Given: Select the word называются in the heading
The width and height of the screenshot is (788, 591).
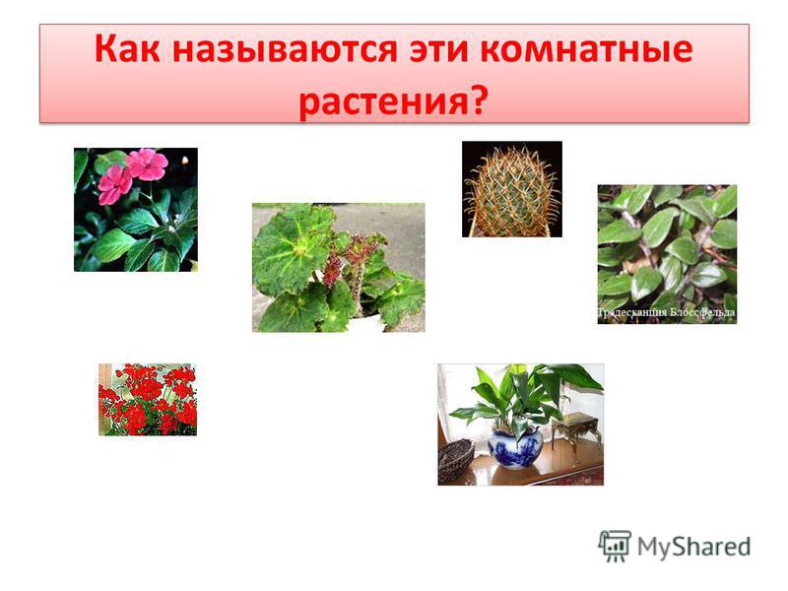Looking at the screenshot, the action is (x=285, y=50).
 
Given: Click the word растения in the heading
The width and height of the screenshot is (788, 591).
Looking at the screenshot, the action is (x=383, y=101).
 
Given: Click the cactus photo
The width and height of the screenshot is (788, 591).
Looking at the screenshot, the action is (x=511, y=189).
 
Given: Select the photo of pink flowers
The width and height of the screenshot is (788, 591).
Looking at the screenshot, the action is (x=136, y=210).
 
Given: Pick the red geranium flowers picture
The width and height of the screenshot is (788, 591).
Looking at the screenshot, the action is (x=148, y=400).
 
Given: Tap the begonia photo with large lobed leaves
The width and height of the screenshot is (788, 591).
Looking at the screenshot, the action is (x=338, y=267).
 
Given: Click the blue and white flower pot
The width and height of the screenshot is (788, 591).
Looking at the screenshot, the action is (x=515, y=447).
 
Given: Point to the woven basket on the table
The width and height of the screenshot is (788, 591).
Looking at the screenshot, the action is (x=456, y=459).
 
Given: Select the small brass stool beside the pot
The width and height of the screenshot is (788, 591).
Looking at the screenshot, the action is (x=576, y=430).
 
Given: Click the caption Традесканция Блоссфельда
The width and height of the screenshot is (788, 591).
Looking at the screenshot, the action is (x=667, y=312).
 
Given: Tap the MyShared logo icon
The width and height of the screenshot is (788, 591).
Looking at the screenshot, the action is (x=614, y=547).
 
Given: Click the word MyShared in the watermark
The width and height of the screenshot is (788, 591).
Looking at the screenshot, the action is (x=693, y=547).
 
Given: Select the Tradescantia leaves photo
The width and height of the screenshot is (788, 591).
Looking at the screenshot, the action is (x=667, y=254).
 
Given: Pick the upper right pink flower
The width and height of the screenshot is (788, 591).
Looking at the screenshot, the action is (x=146, y=164).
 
